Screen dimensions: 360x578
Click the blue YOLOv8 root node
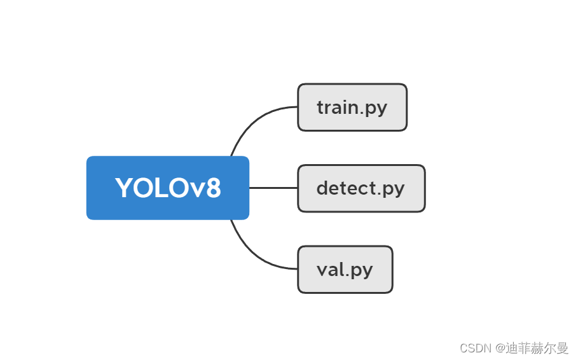coord(167,188)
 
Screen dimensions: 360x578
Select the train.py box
coord(352,107)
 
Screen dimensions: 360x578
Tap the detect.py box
coord(361,188)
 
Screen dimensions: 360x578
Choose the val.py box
coord(345,270)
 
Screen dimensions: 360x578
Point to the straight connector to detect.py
coord(273,188)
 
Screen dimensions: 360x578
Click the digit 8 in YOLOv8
coord(213,188)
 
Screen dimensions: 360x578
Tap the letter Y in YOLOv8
coord(124,188)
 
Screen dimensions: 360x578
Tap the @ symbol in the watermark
coord(501,348)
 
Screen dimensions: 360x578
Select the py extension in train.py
coord(376,109)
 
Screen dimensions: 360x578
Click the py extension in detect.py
coord(394,190)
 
